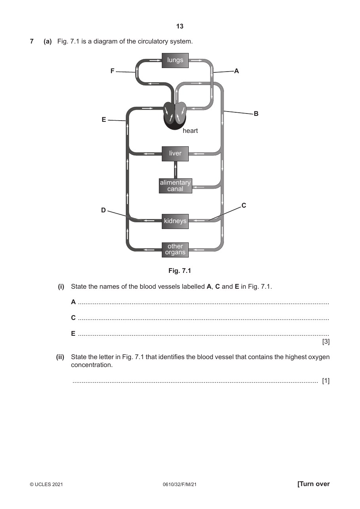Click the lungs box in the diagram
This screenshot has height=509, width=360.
point(175,61)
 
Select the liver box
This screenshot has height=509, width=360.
point(175,154)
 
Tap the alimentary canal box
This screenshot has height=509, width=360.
point(176,186)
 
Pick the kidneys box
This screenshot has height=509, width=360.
point(175,221)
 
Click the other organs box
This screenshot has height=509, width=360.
point(175,250)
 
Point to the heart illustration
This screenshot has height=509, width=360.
point(175,116)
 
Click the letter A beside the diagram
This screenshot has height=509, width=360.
point(236,71)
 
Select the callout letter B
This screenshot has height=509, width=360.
point(256,114)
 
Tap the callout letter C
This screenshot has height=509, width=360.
point(244,205)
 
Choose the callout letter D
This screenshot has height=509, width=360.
point(103,210)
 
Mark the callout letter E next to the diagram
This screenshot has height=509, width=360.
point(104,119)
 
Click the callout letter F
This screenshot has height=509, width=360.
point(112,71)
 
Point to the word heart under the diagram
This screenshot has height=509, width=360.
point(190,131)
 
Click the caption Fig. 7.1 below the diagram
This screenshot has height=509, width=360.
point(180,271)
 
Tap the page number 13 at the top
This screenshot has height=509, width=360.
point(180,26)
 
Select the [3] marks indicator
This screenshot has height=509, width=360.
point(326,342)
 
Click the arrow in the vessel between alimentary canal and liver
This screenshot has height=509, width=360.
point(175,170)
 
